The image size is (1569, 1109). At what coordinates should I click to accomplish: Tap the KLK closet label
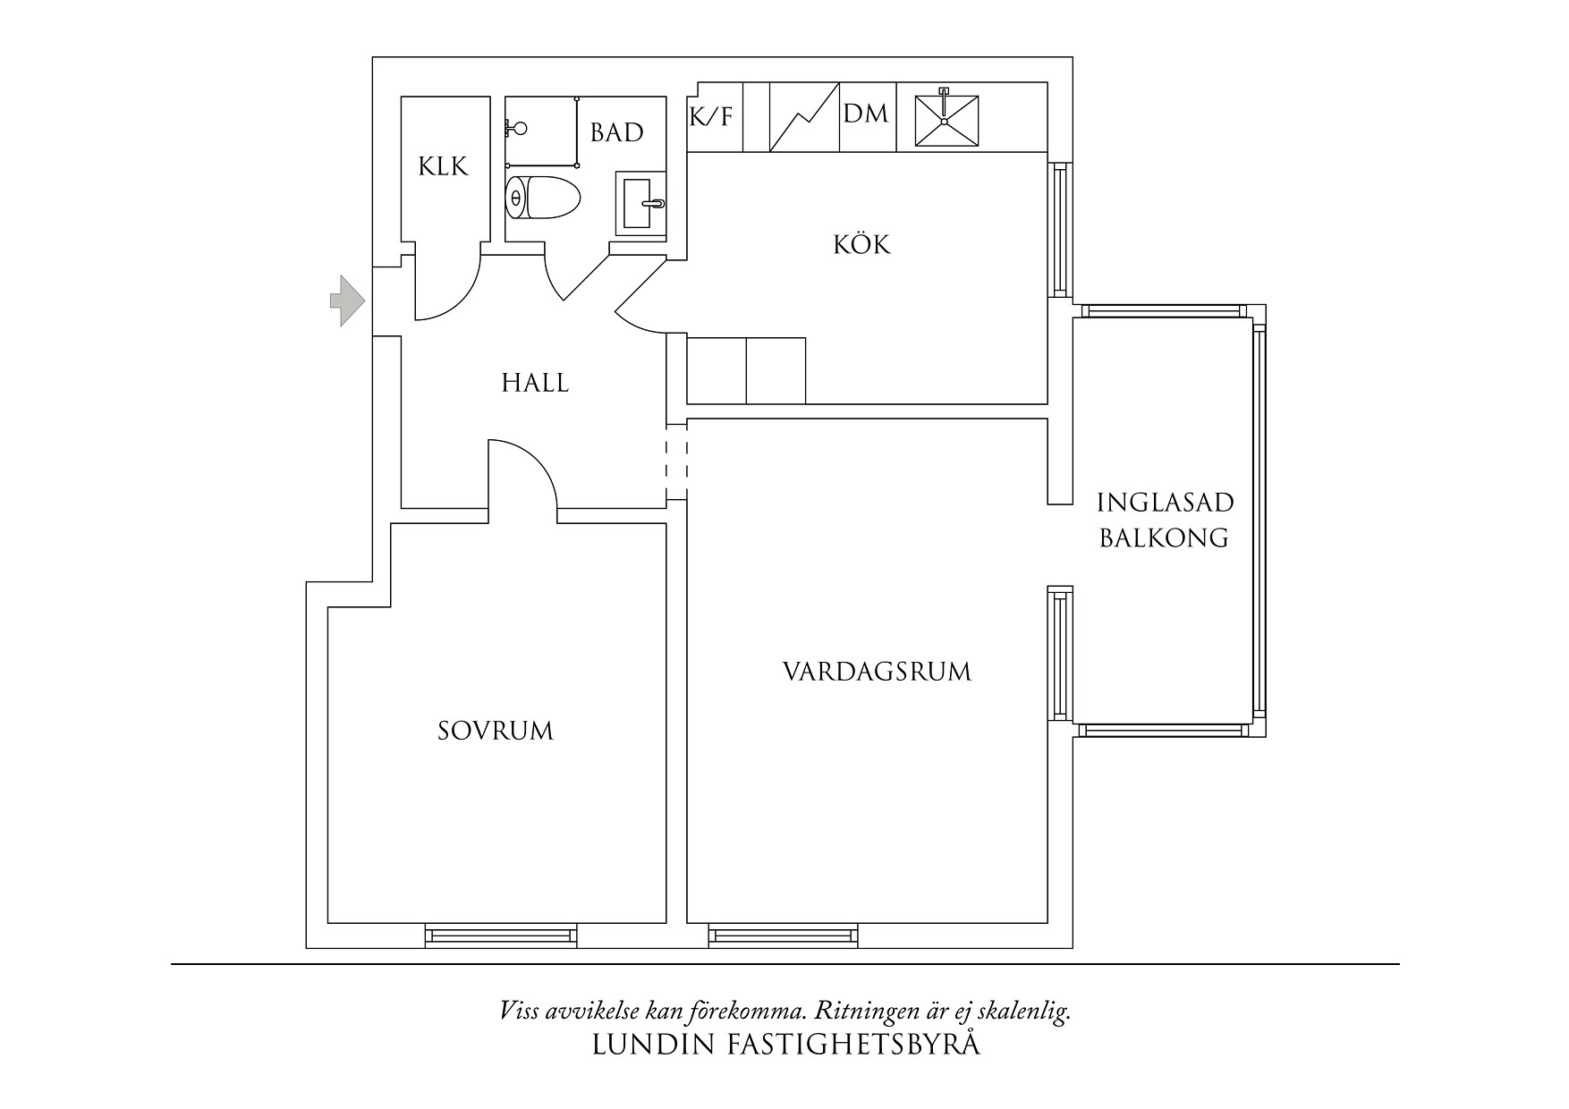[x=444, y=166]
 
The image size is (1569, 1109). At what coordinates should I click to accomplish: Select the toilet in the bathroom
[x=543, y=197]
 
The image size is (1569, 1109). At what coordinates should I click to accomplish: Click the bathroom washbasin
[x=641, y=204]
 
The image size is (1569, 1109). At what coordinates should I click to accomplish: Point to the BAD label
[x=617, y=132]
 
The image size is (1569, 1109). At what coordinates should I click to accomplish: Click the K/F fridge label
[x=711, y=116]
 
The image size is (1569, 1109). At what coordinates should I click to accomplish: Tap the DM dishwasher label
[x=866, y=114]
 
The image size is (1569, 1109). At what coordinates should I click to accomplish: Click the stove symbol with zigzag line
[x=805, y=117]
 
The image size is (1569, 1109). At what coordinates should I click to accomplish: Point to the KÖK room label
[x=863, y=244]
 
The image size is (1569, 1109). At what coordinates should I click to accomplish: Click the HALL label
[x=535, y=383]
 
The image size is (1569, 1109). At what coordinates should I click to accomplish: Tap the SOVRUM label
[x=496, y=732]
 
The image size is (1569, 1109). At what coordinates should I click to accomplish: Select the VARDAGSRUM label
[x=878, y=672]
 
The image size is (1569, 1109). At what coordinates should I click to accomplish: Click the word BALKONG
[x=1164, y=538]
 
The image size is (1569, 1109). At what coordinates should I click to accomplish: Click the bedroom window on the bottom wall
[x=500, y=935]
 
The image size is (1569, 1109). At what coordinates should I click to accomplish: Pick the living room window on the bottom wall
[x=784, y=935]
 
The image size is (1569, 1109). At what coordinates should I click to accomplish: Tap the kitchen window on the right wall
[x=1060, y=230]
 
